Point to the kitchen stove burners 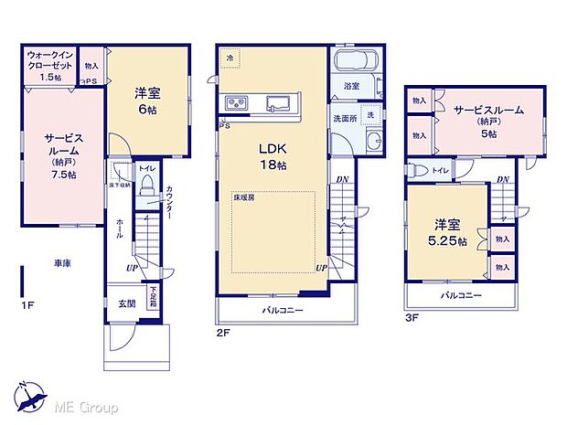coord(234,101)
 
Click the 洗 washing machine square coord(371,114)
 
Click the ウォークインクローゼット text coord(51,60)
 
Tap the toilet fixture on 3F coord(418,170)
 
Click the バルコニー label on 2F coord(283,312)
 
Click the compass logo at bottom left coord(29,398)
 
